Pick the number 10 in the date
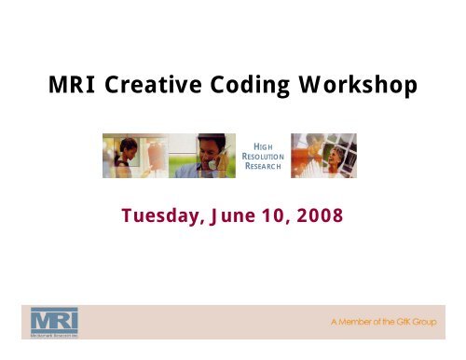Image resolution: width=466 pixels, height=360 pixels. tap(285, 215)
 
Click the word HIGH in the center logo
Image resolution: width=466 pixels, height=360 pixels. tap(255, 137)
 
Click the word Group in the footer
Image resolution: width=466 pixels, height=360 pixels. tap(439, 320)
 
